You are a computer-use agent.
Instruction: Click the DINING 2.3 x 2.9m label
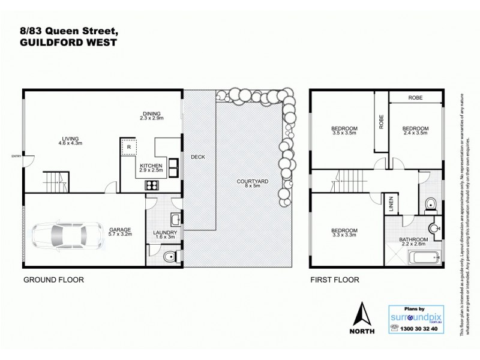click(x=151, y=115)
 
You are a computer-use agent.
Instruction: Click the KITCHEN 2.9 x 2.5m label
click(x=151, y=167)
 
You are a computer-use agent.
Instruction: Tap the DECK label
click(x=198, y=157)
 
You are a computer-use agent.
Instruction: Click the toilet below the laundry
click(x=169, y=258)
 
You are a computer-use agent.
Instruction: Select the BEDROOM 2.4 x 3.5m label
click(x=415, y=131)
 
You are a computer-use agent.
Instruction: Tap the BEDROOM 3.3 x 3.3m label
click(x=344, y=233)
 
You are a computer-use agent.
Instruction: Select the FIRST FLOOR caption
click(x=334, y=280)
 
